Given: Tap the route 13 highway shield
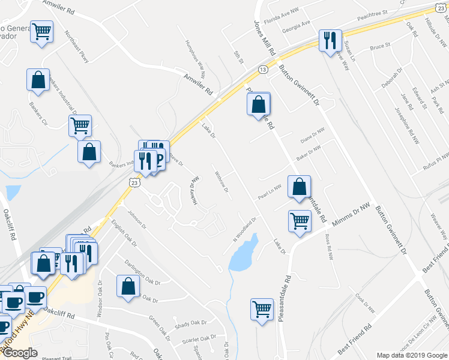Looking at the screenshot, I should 263,70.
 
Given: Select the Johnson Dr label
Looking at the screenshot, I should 136,220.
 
